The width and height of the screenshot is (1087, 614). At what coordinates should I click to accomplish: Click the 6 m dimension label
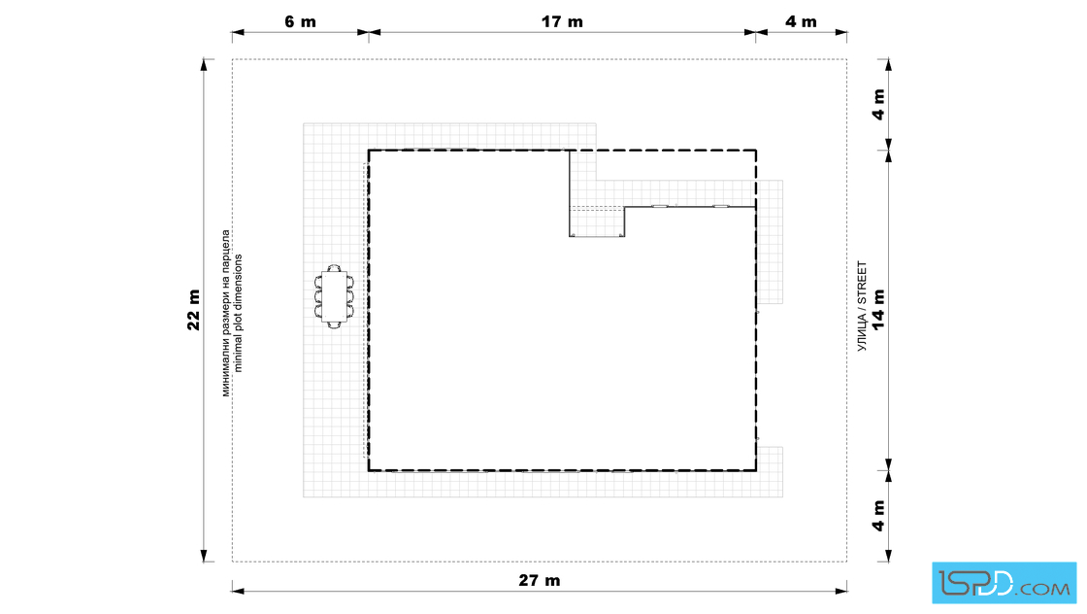click(300, 22)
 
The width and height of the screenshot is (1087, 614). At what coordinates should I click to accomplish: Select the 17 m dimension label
click(562, 22)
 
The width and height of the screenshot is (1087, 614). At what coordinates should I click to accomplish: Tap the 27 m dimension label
click(540, 581)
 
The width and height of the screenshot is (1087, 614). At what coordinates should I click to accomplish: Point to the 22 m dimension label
click(193, 309)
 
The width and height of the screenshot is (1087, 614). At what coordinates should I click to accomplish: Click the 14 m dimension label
click(878, 309)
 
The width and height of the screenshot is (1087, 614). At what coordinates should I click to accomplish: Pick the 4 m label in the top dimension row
click(802, 22)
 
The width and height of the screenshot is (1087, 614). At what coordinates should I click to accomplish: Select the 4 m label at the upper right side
click(878, 105)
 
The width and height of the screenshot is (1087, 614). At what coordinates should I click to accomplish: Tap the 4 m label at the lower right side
click(878, 516)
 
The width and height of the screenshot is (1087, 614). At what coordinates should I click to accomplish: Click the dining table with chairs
click(334, 296)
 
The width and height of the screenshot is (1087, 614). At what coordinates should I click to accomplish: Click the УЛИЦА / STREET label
click(863, 306)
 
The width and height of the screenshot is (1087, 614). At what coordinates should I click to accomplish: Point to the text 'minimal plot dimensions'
click(239, 313)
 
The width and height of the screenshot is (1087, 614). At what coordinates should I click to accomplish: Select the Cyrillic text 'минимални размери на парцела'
click(226, 313)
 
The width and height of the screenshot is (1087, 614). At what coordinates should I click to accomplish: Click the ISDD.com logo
click(1004, 583)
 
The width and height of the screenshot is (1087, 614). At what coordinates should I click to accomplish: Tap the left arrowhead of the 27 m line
click(238, 591)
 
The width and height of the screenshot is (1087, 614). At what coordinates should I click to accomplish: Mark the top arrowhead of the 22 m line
click(204, 65)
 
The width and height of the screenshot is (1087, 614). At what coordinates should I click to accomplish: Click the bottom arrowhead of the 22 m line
click(204, 556)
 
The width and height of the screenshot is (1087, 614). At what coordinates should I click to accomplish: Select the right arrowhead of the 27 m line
click(840, 591)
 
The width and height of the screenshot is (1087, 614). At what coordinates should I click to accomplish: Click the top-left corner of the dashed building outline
click(369, 151)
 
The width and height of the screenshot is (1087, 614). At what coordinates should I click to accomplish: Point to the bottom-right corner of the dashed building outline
click(756, 470)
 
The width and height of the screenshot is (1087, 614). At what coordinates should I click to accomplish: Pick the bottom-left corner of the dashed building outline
click(369, 470)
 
